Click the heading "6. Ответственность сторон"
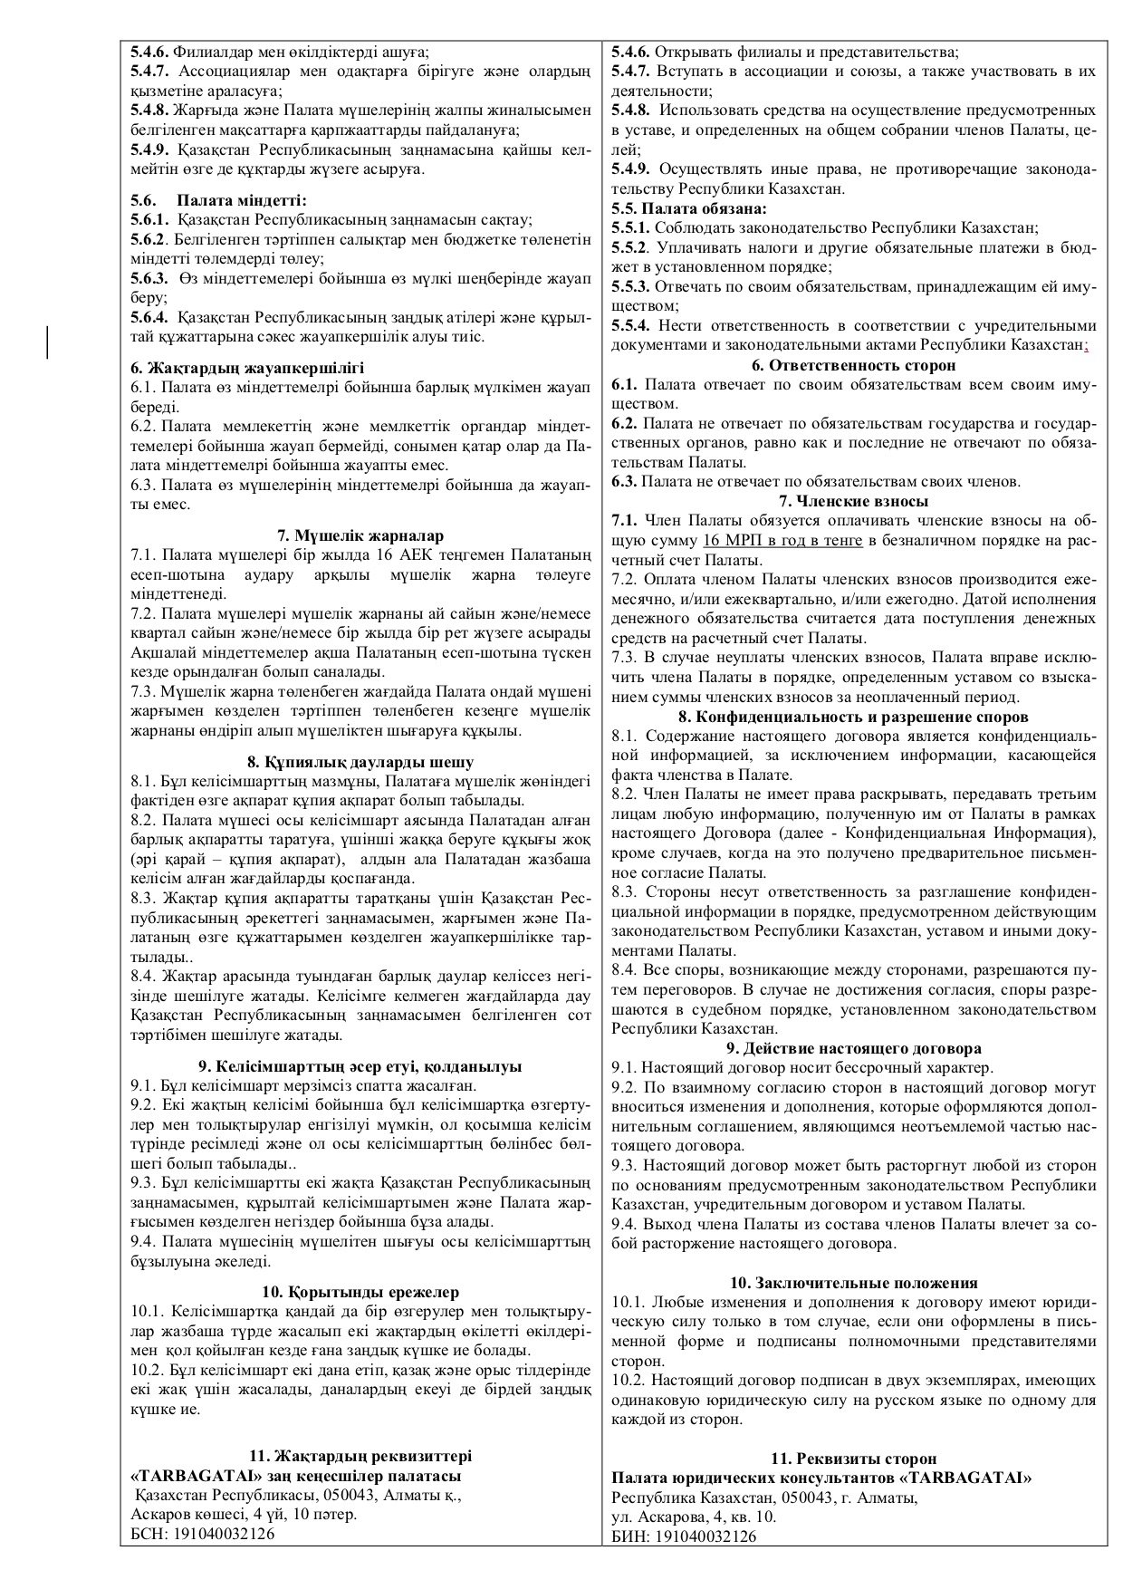pyautogui.click(x=853, y=365)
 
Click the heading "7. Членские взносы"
pyautogui.click(x=853, y=501)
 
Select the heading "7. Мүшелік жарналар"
pyautogui.click(x=360, y=535)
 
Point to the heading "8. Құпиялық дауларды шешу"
pyautogui.click(x=360, y=762)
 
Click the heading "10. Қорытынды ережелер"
pyautogui.click(x=360, y=1292)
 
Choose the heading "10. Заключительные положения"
pyautogui.click(x=853, y=1282)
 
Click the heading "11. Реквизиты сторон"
pyautogui.click(x=853, y=1459)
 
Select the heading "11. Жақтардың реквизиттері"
pyautogui.click(x=360, y=1456)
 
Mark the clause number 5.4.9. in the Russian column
pyautogui.click(x=630, y=169)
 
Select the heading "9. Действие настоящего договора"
pyautogui.click(x=853, y=1049)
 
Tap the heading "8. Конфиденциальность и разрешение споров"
pyautogui.click(x=853, y=716)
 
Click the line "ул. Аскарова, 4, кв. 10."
pyautogui.click(x=694, y=1516)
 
